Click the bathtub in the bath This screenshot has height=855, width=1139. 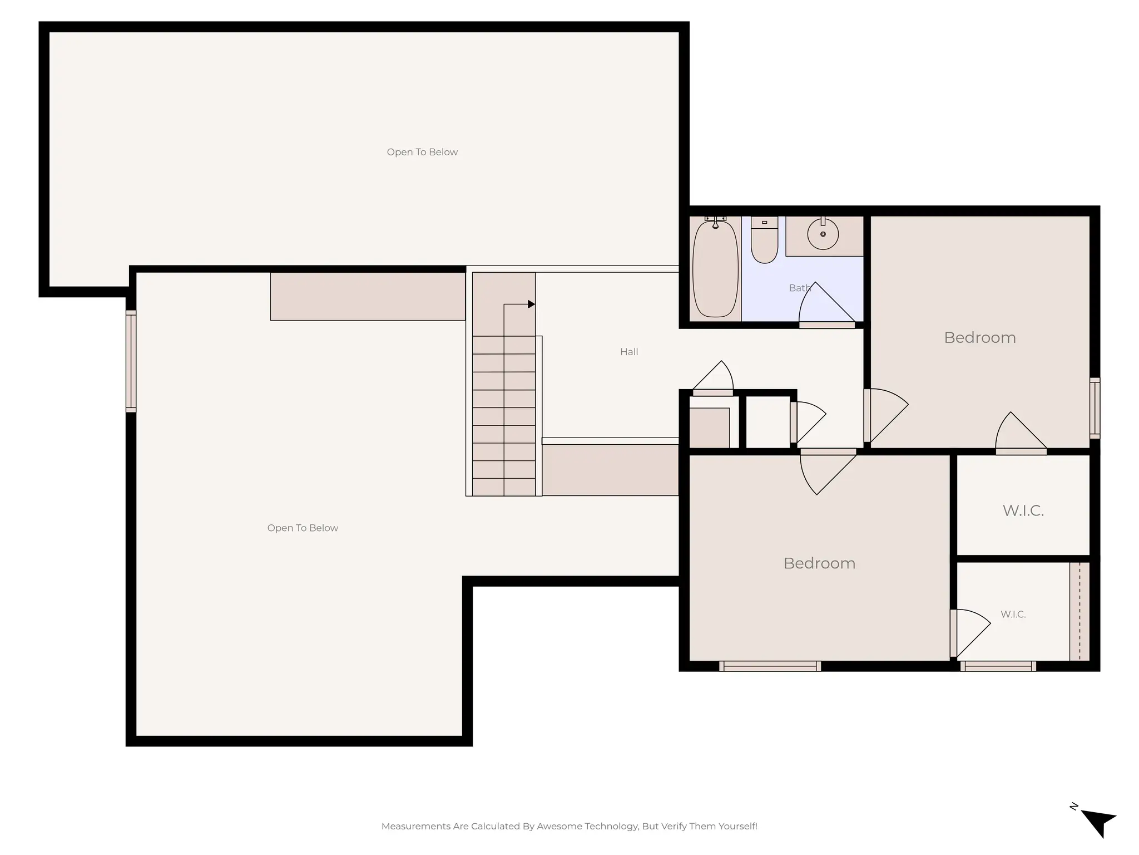[x=715, y=270]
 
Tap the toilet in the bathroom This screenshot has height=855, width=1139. [x=764, y=240]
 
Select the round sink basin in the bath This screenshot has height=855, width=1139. [x=823, y=234]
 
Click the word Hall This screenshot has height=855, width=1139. [x=629, y=352]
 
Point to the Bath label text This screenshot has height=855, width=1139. [x=799, y=288]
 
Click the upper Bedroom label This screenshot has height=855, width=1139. [x=979, y=338]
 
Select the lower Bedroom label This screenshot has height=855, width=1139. [x=819, y=563]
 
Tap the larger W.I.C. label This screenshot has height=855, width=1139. [x=1023, y=510]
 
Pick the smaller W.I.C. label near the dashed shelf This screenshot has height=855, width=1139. [x=1013, y=615]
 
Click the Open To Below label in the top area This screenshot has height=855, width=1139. [x=422, y=152]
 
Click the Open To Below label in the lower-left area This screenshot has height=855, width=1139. [x=303, y=528]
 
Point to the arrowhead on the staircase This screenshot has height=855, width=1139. [x=531, y=304]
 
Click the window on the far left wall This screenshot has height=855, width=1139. [x=131, y=361]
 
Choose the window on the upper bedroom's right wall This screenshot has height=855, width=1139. [x=1094, y=407]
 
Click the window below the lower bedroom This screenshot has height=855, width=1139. [x=770, y=666]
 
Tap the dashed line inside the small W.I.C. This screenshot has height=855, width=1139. [x=1079, y=611]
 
